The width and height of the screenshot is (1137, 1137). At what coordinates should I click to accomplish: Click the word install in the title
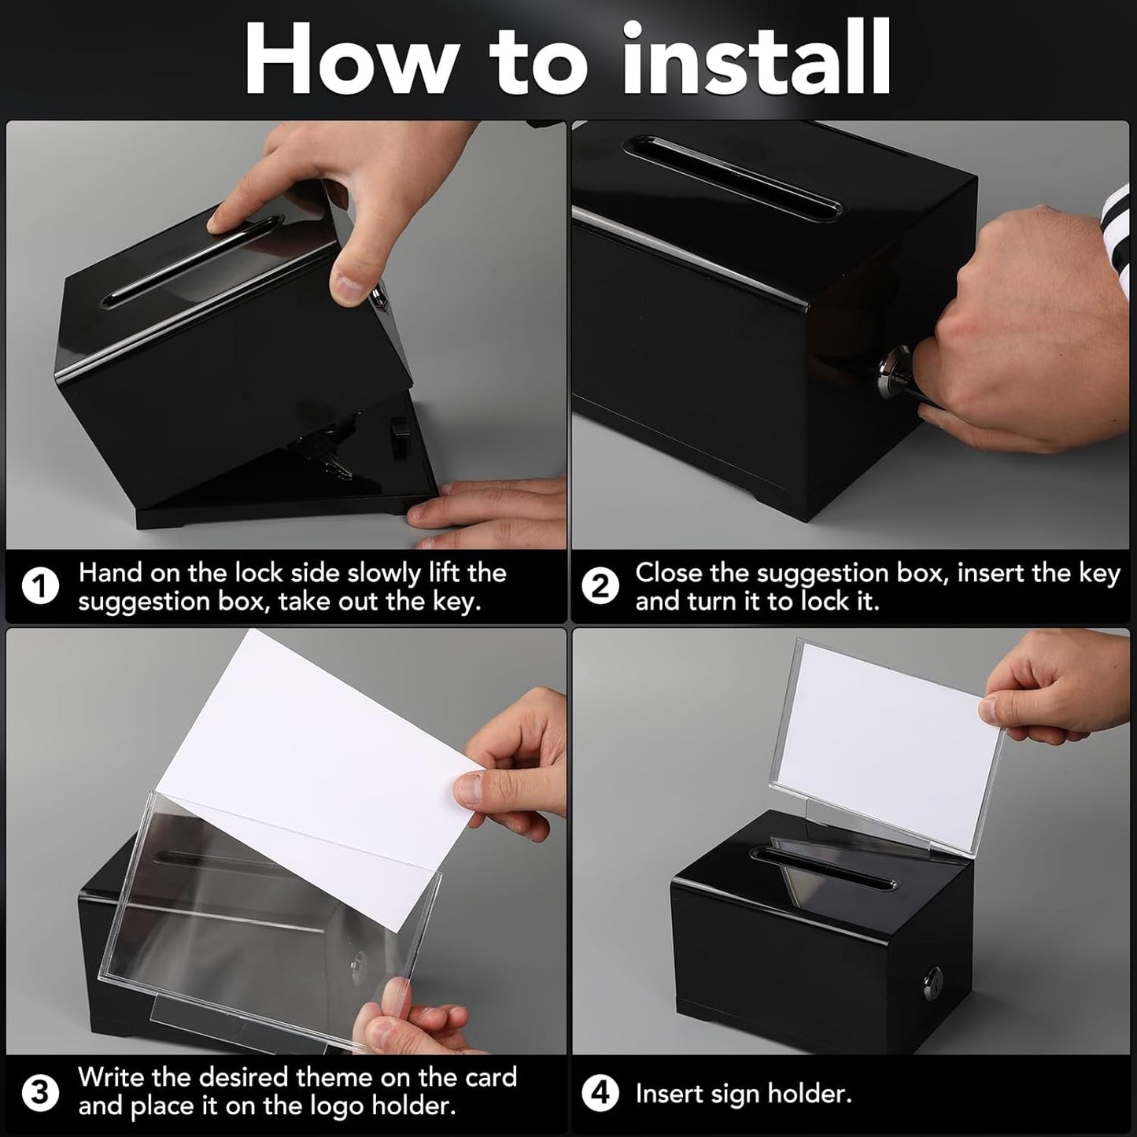(x=755, y=59)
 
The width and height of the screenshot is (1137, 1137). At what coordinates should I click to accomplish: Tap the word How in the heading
(x=350, y=59)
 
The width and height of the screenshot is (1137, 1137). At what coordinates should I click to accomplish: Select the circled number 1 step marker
(x=39, y=587)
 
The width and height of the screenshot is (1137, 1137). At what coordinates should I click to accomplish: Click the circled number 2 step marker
(x=600, y=587)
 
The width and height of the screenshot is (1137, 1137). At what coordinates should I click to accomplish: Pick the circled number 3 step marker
(x=39, y=1093)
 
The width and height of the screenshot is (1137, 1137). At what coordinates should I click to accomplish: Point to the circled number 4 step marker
(x=600, y=1093)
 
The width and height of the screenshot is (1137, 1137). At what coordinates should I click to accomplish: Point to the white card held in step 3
(x=330, y=755)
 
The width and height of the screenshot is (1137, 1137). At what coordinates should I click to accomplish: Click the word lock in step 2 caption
(x=825, y=602)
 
